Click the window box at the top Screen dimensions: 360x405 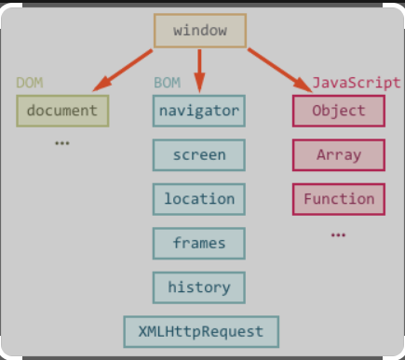pyautogui.click(x=199, y=30)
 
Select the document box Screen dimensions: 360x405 pyautogui.click(x=61, y=111)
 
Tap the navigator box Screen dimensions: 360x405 pyautogui.click(x=199, y=111)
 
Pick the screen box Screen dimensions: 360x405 pyautogui.click(x=199, y=154)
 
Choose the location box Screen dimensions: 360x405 pyautogui.click(x=199, y=198)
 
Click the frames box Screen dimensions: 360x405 pyautogui.click(x=199, y=243)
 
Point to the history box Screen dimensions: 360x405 pyautogui.click(x=199, y=287)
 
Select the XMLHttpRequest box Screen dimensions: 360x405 pyautogui.click(x=201, y=331)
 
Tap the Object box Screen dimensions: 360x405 pyautogui.click(x=339, y=111)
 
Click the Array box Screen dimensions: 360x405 pyautogui.click(x=339, y=154)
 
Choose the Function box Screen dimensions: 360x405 pyautogui.click(x=339, y=198)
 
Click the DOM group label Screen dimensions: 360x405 pyautogui.click(x=30, y=83)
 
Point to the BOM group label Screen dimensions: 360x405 pyautogui.click(x=167, y=83)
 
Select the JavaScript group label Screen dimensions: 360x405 pyautogui.click(x=357, y=83)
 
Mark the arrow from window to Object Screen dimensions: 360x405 pyautogui.click(x=278, y=69)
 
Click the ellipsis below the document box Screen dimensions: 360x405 pyautogui.click(x=62, y=143)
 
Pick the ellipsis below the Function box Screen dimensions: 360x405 pyautogui.click(x=338, y=234)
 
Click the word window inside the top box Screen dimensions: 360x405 pyautogui.click(x=199, y=30)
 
